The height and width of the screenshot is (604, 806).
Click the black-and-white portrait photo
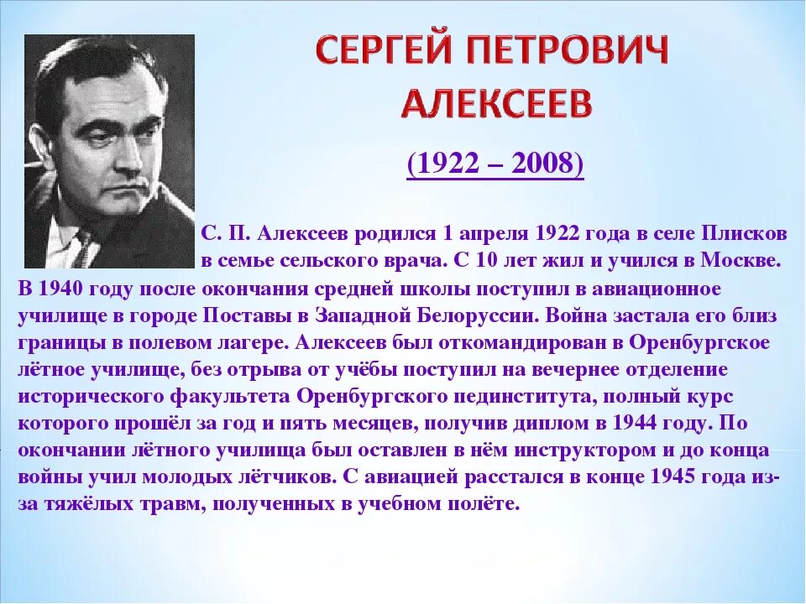click(x=109, y=151)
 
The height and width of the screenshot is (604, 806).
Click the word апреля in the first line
click(x=490, y=232)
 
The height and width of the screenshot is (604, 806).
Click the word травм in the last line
click(x=169, y=504)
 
